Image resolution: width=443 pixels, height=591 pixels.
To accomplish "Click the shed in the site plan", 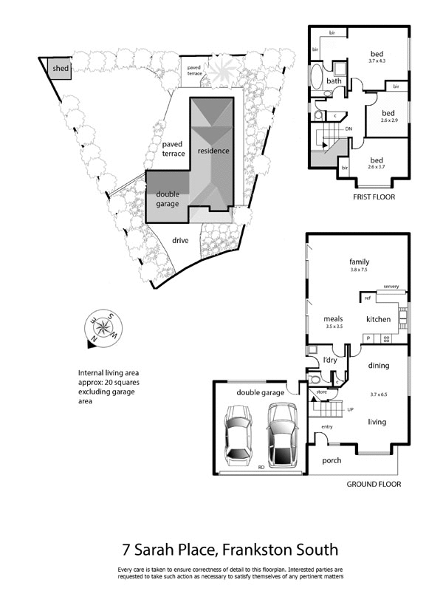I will click(59, 69).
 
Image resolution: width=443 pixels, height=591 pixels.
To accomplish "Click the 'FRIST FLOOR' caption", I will click(374, 197).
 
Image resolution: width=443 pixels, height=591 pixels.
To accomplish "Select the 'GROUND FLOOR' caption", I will click(374, 485).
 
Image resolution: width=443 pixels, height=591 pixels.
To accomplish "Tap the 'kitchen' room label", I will click(378, 319).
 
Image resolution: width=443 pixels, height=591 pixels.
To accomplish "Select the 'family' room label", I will click(360, 262).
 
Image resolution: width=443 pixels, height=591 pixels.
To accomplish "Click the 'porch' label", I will click(332, 460).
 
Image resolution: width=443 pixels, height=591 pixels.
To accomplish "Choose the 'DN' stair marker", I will click(348, 128).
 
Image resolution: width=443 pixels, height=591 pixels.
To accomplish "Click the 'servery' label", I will click(391, 286).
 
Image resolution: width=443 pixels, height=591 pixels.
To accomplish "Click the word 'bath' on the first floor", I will click(334, 81).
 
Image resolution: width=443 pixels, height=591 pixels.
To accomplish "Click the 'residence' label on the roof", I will click(213, 151).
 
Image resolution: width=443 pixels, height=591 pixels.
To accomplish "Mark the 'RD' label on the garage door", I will click(261, 467).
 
